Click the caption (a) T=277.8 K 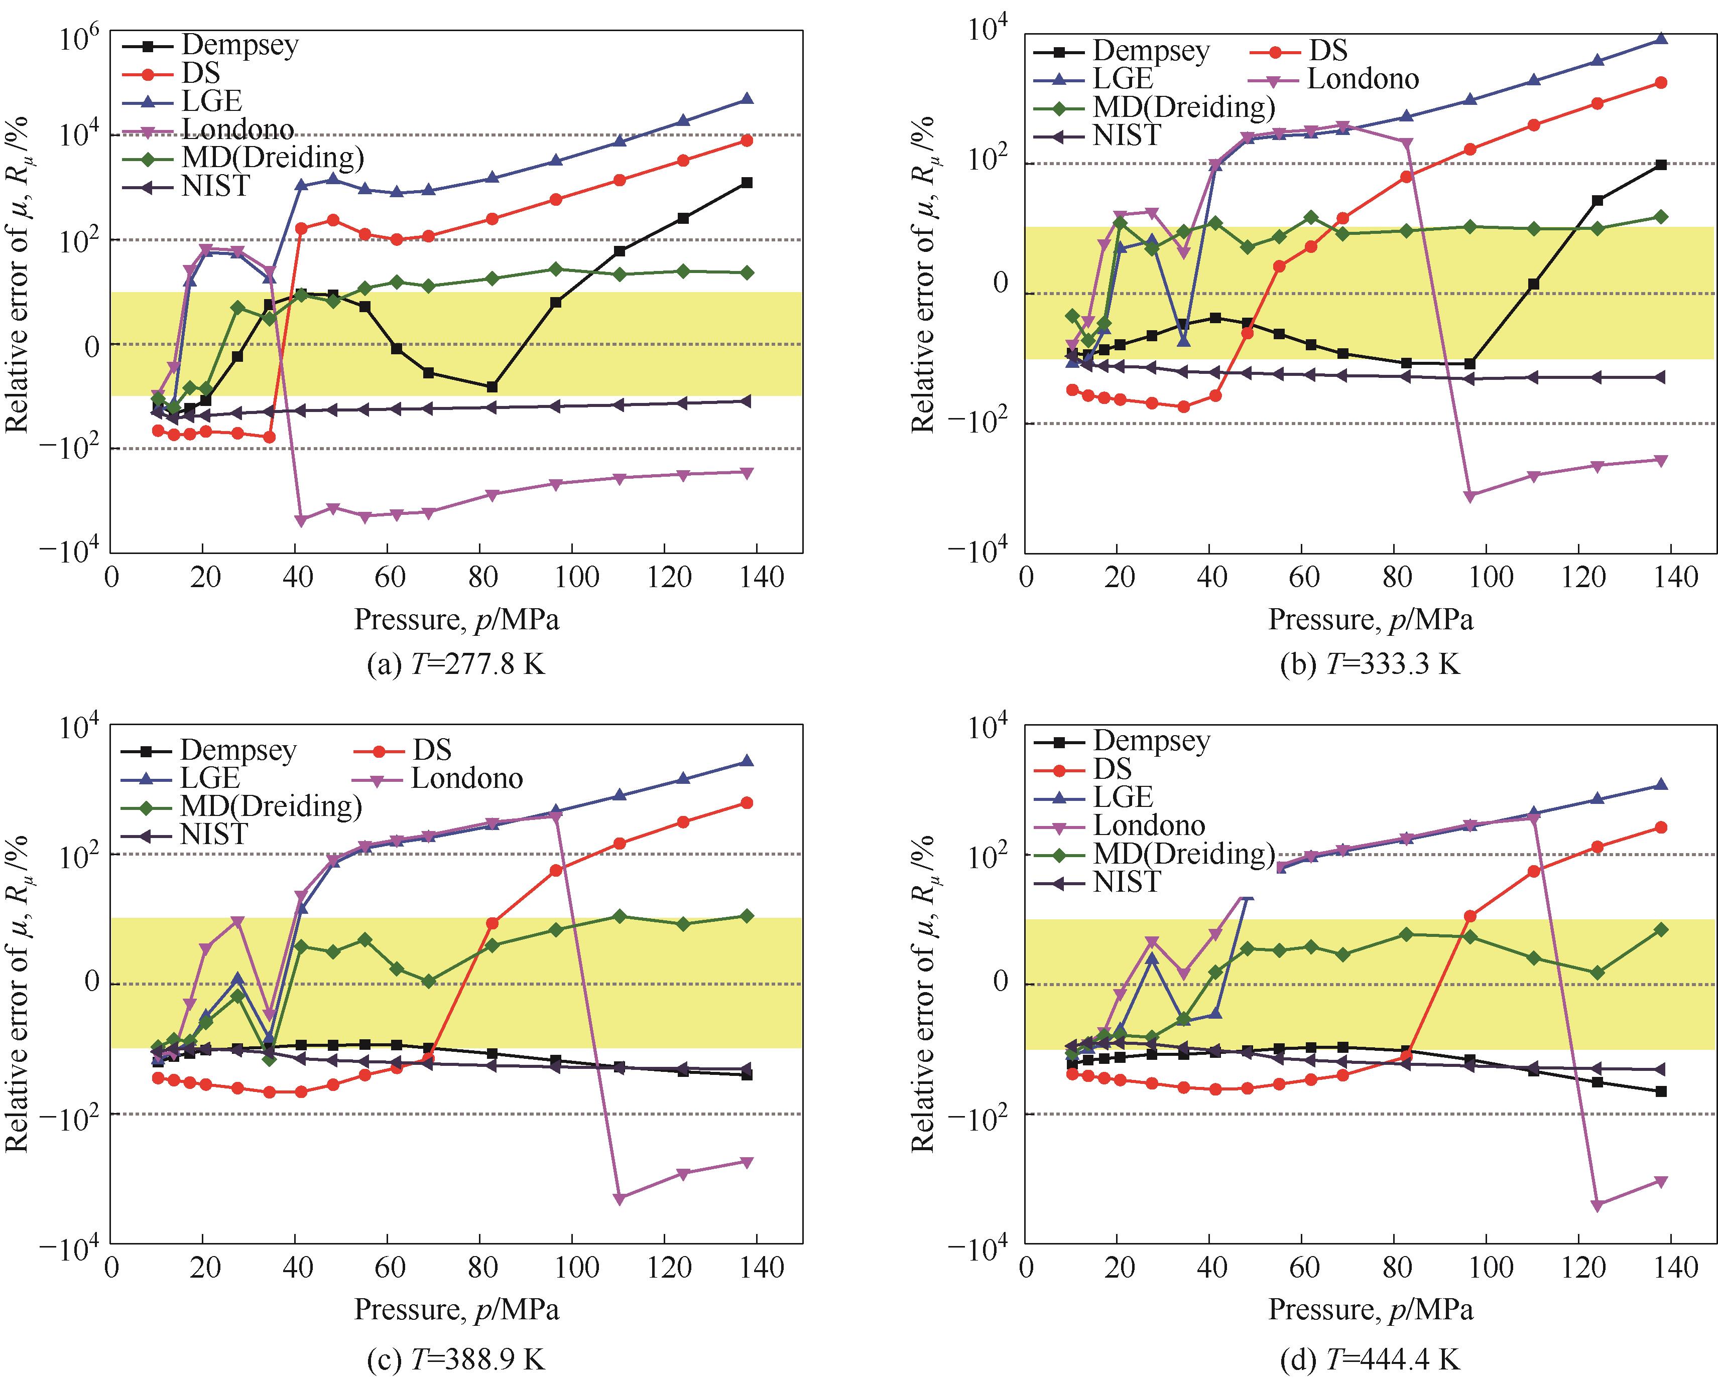(456, 663)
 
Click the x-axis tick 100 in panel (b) (1490, 577)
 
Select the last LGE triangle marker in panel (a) (747, 99)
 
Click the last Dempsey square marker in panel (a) (747, 183)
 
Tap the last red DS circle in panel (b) (1661, 83)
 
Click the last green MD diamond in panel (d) (1661, 930)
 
